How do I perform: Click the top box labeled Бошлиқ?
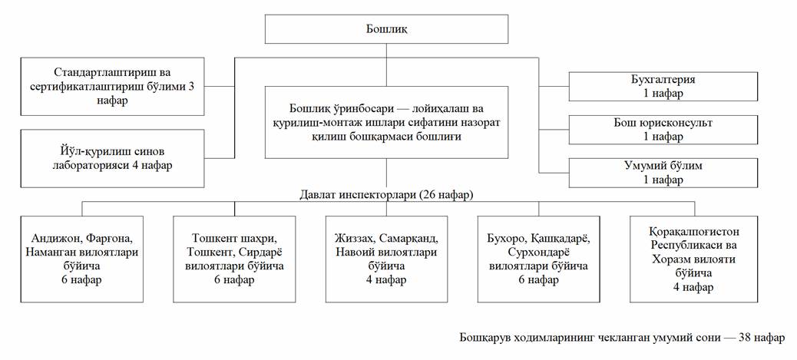pos(386,30)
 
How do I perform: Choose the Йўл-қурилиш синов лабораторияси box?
pos(113,158)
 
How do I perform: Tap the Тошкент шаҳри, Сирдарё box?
pos(235,259)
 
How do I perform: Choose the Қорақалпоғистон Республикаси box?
pos(694,259)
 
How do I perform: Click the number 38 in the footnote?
pos(745,338)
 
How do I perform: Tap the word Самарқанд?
pos(419,238)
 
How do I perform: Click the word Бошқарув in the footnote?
pos(484,338)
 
